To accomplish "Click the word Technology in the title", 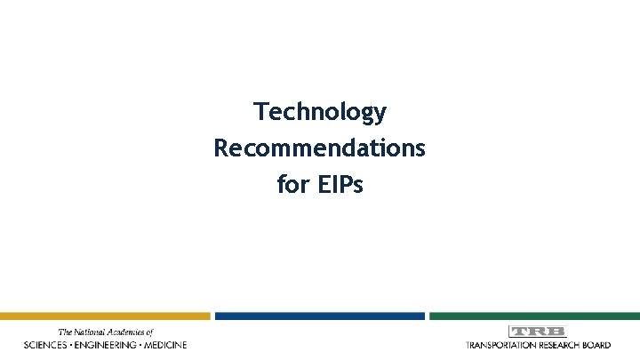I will pos(320,112).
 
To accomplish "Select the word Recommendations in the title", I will pos(320,148).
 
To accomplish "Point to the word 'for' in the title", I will pos(292,186).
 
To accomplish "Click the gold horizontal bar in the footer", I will pos(105,316).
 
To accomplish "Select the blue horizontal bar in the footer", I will pos(320,316).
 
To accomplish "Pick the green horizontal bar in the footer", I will pos(534,316).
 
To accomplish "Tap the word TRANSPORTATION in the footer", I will pos(502,345).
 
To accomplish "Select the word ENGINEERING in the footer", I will pos(107,345).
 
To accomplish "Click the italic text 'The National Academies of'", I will pos(106,332).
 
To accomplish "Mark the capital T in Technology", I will pos(260,112).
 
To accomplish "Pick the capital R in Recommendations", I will pos(220,148).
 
